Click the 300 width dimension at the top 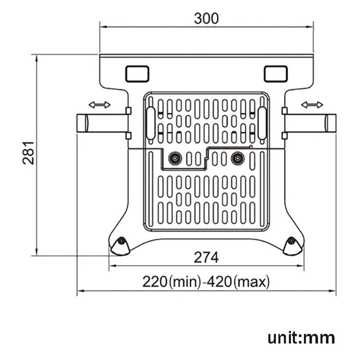click(x=206, y=18)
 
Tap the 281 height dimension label click(x=29, y=153)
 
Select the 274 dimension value click(x=206, y=257)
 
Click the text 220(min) click(x=170, y=281)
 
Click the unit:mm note click(x=301, y=337)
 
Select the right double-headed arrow click(x=312, y=105)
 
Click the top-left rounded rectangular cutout click(x=137, y=73)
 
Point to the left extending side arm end click(x=82, y=123)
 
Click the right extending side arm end click(x=330, y=123)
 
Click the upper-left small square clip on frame click(x=128, y=111)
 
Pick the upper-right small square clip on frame click(x=284, y=111)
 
